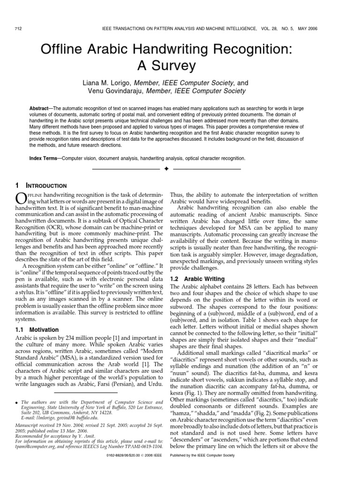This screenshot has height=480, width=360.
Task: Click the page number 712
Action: click(x=19, y=29)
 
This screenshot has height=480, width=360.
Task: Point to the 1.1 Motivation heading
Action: click(x=37, y=330)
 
